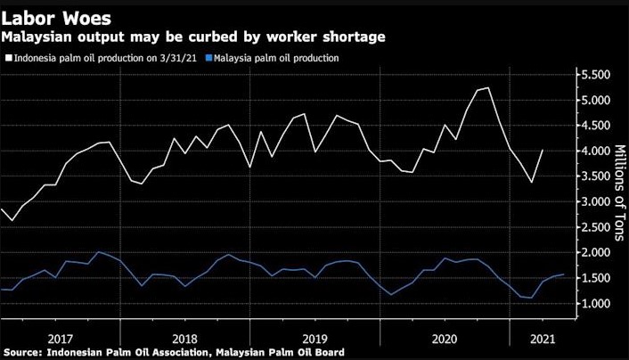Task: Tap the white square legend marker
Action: (x=8, y=58)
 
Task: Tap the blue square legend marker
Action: (x=208, y=58)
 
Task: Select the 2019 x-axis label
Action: (x=316, y=338)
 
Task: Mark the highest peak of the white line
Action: (x=488, y=88)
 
